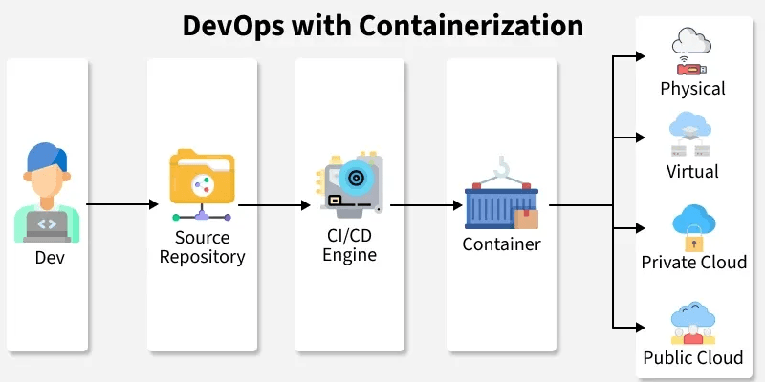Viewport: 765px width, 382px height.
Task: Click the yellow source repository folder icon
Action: [x=200, y=177]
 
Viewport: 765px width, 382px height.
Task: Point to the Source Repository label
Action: [x=202, y=247]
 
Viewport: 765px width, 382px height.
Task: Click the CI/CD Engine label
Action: [x=350, y=246]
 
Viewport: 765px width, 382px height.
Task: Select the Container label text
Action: [x=501, y=244]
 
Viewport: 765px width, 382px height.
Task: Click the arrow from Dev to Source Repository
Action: [x=122, y=204]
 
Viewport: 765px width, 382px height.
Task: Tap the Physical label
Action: [x=693, y=89]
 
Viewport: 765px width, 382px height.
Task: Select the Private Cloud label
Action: [x=694, y=262]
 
